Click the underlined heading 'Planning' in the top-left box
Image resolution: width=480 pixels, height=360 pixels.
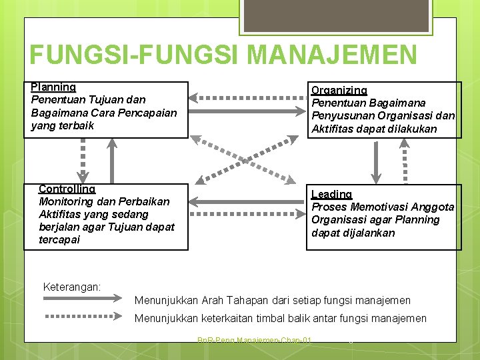click(53, 87)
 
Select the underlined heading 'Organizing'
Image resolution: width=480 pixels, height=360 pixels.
click(339, 91)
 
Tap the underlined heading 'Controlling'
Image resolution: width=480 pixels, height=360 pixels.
click(67, 189)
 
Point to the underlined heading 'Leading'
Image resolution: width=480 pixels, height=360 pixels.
click(331, 195)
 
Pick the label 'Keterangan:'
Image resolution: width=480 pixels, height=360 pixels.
click(72, 287)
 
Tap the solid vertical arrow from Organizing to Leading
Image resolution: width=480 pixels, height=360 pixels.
click(377, 160)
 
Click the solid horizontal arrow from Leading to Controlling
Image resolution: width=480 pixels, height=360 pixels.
click(247, 201)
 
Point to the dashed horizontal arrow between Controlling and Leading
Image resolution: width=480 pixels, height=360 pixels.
click(247, 215)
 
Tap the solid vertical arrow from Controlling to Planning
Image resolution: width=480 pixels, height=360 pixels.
click(112, 160)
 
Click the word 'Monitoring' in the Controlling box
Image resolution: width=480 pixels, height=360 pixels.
click(65, 201)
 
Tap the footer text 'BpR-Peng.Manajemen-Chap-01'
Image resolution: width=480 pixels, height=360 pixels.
click(254, 341)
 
